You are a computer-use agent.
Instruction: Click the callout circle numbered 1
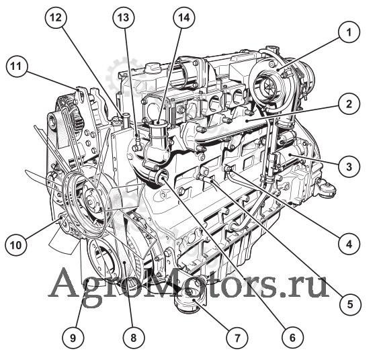point(349,32)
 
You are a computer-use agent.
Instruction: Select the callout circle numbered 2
point(349,104)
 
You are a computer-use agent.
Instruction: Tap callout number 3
point(349,167)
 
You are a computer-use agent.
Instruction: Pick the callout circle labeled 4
point(349,244)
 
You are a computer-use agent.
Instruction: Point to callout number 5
point(350,304)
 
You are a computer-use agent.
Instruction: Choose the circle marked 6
point(292,337)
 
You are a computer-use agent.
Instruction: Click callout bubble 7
point(237,338)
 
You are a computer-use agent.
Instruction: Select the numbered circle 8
point(134,338)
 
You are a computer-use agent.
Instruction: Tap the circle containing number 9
point(73,338)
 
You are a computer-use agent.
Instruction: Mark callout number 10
point(16,245)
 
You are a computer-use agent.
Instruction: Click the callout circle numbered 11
point(16,66)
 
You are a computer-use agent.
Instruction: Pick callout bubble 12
point(56,17)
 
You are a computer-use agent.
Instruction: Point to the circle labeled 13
point(124,17)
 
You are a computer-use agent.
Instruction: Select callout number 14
point(183,17)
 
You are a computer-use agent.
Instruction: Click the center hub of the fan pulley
point(91,201)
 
